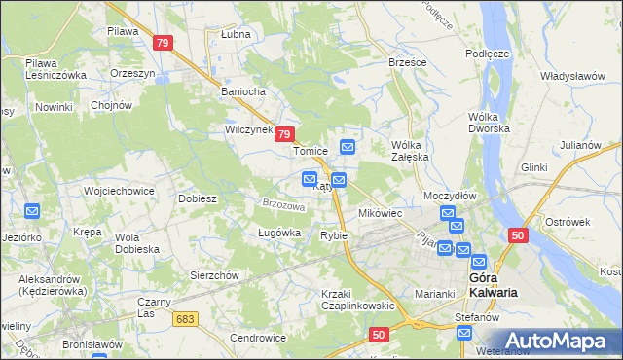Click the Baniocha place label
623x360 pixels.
click(x=243, y=93)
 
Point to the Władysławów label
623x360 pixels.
click(x=573, y=74)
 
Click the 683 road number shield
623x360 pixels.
click(x=185, y=317)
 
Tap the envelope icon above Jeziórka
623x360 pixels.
click(x=31, y=210)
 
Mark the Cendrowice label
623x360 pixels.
click(x=257, y=338)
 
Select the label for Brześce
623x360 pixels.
click(x=408, y=61)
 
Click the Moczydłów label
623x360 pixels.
click(x=450, y=196)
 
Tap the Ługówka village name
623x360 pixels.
click(x=253, y=233)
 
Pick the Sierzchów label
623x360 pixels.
click(x=214, y=275)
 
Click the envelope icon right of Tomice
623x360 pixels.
click(x=348, y=147)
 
